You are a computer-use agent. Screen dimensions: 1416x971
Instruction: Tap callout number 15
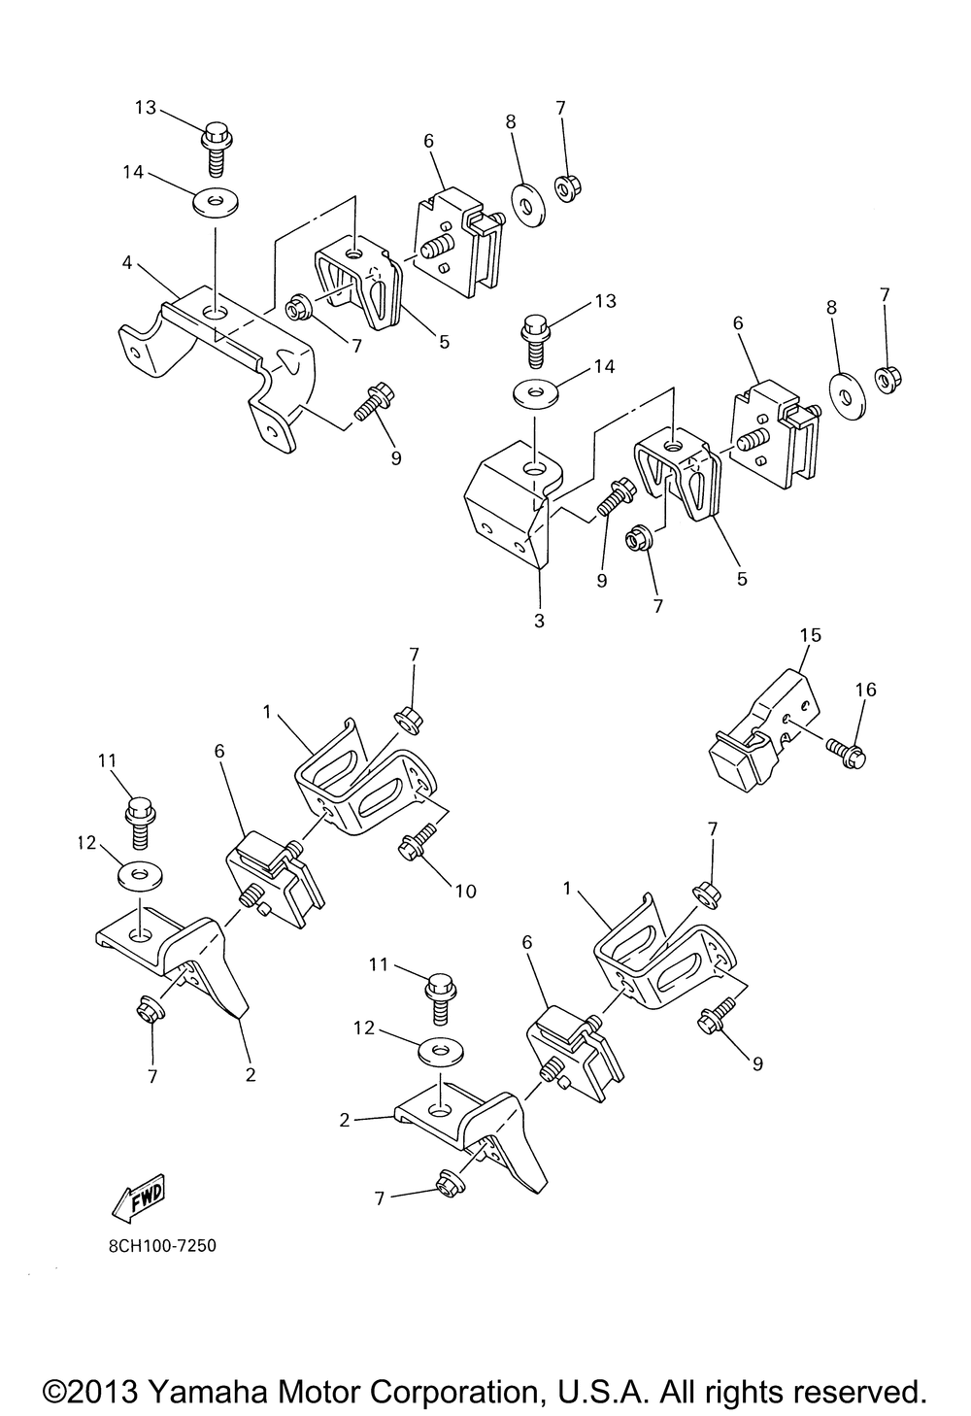coord(810,635)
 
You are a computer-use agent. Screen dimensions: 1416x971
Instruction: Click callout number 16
coord(865,690)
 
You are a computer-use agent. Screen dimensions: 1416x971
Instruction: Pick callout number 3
coord(539,620)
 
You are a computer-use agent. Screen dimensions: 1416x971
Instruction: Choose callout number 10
coord(465,890)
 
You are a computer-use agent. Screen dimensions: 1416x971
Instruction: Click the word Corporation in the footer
coord(450,1390)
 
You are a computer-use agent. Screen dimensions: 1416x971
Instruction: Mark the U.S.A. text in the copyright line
coord(601,1390)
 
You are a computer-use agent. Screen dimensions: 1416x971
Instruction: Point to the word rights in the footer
coord(739,1390)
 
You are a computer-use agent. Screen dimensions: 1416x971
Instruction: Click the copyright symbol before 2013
coord(55,1390)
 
